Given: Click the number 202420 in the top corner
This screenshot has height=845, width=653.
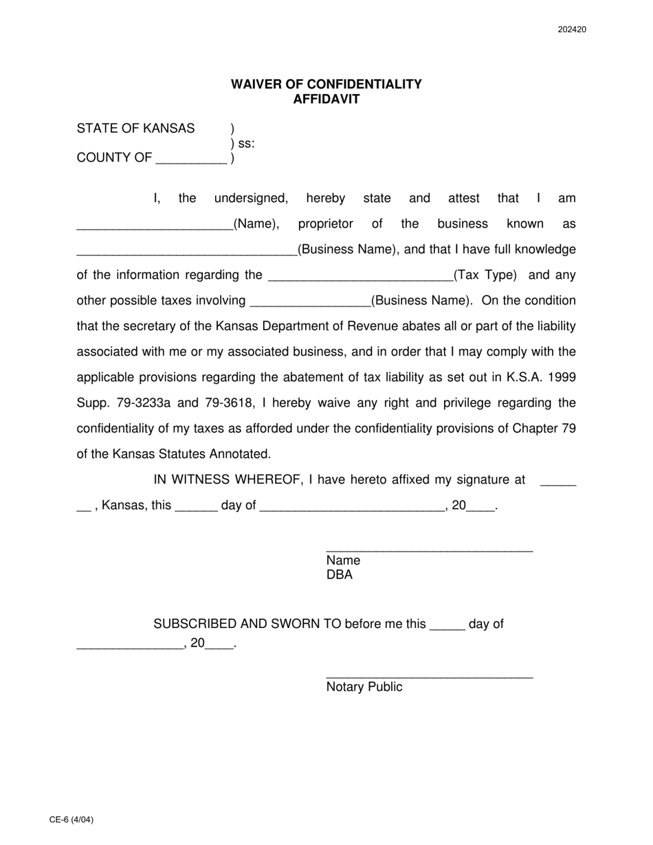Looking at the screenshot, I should (x=572, y=30).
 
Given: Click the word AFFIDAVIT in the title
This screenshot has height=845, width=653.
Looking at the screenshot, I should (x=326, y=99).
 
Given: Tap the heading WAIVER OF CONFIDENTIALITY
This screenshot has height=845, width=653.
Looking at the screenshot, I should (x=326, y=84).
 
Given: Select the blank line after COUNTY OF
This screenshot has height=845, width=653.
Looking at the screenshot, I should (x=191, y=161).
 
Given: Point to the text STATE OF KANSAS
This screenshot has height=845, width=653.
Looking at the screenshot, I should (x=135, y=128).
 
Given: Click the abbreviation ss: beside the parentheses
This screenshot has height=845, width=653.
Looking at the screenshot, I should (x=246, y=144).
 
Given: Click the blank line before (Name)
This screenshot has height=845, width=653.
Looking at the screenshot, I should (x=155, y=227).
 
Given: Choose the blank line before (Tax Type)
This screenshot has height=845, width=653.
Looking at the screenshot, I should (x=359, y=279).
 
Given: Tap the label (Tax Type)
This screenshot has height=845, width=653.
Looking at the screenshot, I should (x=485, y=275).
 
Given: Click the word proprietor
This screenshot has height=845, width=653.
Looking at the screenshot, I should (x=325, y=224).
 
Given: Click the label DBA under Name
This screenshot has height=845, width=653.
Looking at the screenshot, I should (x=340, y=575).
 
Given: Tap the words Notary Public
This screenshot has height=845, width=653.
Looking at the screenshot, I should (x=364, y=687).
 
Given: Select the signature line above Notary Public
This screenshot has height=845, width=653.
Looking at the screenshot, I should (x=429, y=678).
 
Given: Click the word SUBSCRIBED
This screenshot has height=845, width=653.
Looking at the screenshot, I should (x=192, y=624).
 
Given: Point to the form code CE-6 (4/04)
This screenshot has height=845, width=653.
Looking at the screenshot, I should (x=71, y=820).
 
